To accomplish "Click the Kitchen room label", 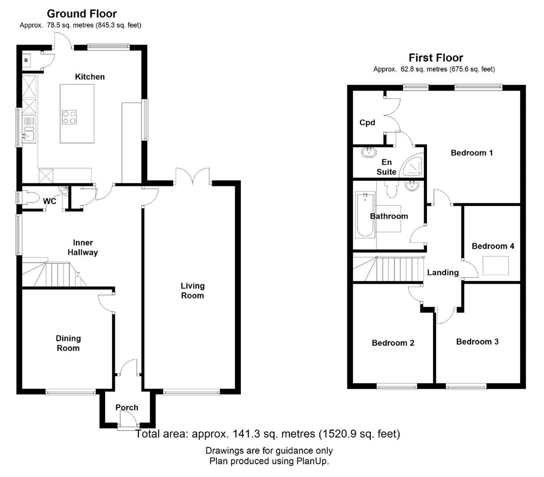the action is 90,77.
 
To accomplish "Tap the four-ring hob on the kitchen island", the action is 69,117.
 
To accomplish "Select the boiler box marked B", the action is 26,61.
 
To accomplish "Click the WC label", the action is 49,201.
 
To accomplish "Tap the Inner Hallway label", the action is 83,247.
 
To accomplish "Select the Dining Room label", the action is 68,343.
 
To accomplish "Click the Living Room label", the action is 193,291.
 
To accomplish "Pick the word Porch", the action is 127,408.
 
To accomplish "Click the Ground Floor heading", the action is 82,14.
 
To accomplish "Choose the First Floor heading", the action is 436,58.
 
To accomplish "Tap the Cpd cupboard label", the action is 367,123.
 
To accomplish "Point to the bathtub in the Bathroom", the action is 365,215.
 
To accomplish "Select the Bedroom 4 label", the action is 493,246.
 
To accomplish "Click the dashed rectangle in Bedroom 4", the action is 496,265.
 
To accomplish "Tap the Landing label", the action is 443,273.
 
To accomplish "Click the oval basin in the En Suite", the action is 369,152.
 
